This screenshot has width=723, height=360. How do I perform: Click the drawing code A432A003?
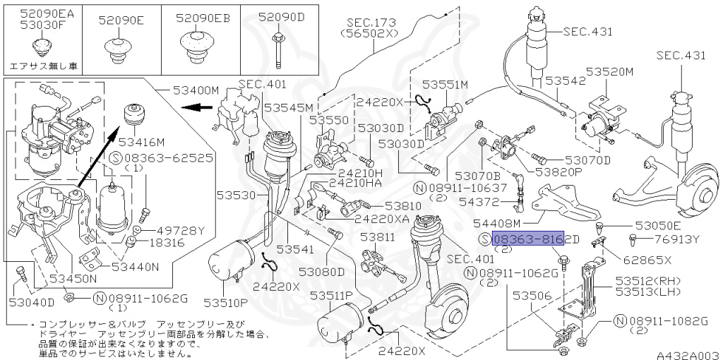(687, 354)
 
